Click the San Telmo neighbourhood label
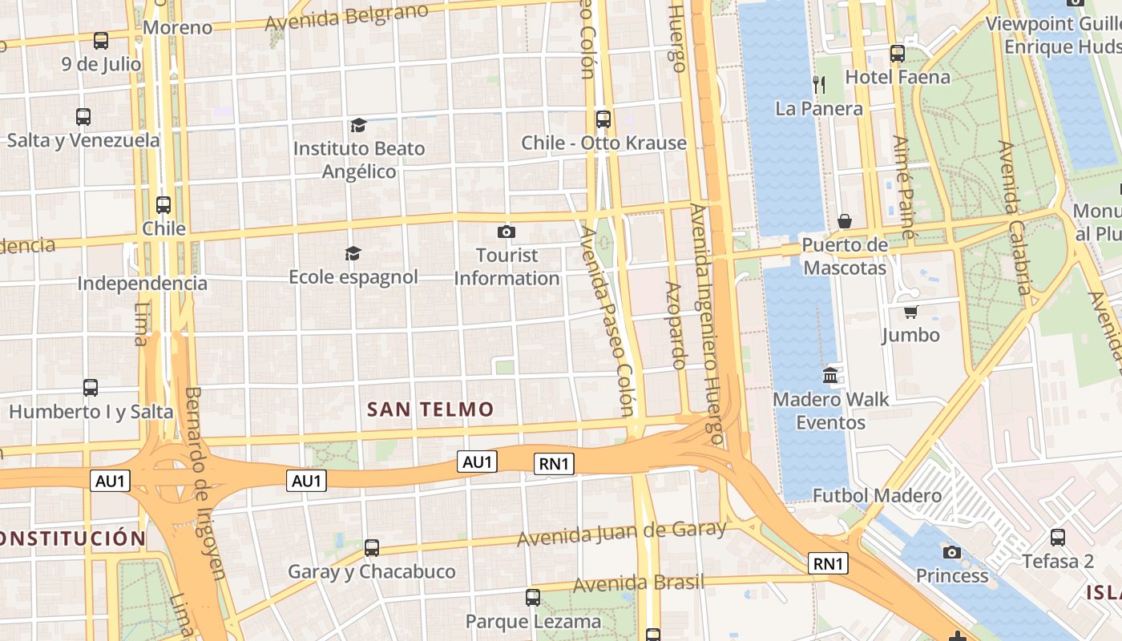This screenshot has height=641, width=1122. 430,409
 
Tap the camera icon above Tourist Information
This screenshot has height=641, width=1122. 506,232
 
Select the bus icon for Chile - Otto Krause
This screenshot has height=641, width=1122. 603,119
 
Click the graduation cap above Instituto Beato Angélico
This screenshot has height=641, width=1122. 358,125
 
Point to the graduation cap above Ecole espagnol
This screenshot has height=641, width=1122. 353,254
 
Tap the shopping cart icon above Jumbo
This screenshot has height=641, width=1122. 910,311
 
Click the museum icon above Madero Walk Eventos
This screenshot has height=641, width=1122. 830,375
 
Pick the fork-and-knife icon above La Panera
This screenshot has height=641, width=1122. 818,84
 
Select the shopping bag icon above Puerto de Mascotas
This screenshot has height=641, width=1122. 844,221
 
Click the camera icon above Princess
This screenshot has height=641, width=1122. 951,552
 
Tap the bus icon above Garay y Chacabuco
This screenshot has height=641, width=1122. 371,548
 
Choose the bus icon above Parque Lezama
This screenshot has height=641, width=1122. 532,597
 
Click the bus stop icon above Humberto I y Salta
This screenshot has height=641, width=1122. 91,388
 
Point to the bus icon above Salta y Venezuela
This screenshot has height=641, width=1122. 83,117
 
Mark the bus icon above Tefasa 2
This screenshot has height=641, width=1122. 1057,538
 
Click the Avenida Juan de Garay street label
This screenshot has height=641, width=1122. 621,533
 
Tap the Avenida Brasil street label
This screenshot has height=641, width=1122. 638,583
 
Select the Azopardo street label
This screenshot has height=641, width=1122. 674,325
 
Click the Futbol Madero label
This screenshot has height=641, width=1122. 877,496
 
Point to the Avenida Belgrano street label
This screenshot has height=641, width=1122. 346,17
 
